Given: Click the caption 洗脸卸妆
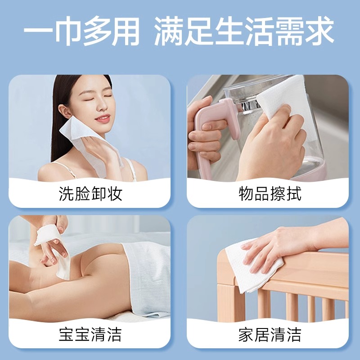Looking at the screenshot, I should (x=90, y=194).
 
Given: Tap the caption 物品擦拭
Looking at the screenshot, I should (x=270, y=194).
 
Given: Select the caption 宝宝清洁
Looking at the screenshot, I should (x=90, y=335).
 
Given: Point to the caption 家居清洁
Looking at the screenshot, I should (x=270, y=335).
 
